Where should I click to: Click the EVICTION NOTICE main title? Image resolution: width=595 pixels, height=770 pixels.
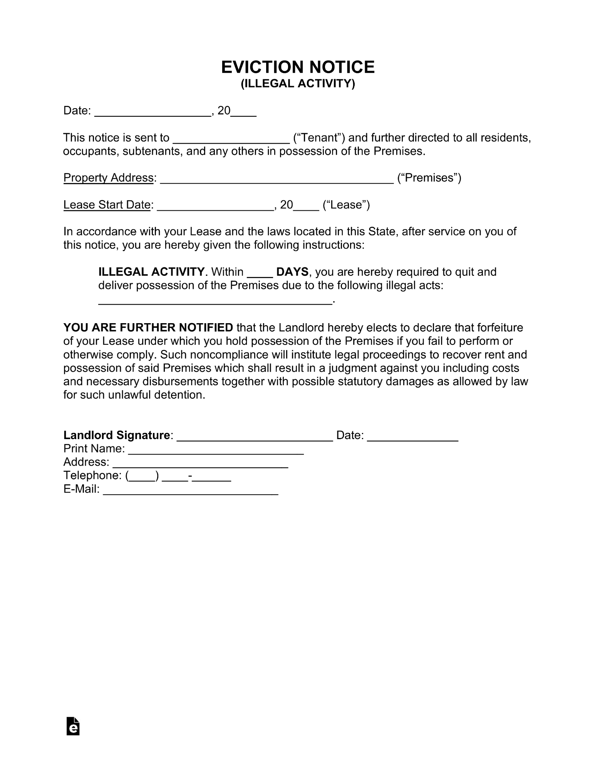(297, 67)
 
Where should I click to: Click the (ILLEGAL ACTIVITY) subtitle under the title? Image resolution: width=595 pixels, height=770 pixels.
(297, 84)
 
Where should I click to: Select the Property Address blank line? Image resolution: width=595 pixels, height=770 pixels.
(277, 179)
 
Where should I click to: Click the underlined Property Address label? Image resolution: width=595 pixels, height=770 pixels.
(108, 178)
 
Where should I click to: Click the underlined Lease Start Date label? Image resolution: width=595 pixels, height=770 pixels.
(107, 205)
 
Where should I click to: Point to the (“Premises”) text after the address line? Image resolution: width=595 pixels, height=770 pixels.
(429, 178)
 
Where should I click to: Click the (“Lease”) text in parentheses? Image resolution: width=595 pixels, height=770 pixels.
(346, 205)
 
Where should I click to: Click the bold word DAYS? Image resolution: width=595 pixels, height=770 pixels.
(292, 272)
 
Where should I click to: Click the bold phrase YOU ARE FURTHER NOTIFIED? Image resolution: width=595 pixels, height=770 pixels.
(148, 327)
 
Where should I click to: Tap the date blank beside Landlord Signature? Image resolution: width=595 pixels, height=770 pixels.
(412, 437)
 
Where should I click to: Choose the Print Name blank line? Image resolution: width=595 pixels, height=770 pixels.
(216, 450)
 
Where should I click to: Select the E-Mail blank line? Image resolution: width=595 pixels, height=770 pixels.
(191, 491)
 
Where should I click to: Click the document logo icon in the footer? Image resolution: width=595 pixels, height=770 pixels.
(73, 726)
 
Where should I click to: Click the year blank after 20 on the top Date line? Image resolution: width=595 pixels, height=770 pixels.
(243, 112)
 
